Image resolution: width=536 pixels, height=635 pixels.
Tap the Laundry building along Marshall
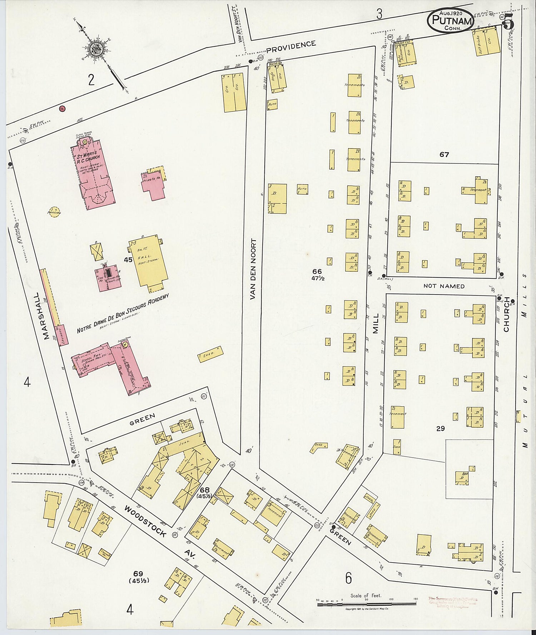pyautogui.click(x=64, y=334)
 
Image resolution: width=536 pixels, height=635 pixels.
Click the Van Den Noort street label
pyautogui.click(x=253, y=268)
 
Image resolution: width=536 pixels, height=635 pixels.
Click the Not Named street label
pyautogui.click(x=444, y=286)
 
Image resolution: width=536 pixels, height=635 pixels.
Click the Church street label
pyautogui.click(x=506, y=319)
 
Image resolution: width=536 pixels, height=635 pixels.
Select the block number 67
pyautogui.click(x=444, y=155)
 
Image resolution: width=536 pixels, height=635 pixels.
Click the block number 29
pyautogui.click(x=440, y=428)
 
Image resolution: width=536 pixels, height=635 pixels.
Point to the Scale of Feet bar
pyautogui.click(x=366, y=604)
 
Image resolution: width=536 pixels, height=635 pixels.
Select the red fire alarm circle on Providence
pyautogui.click(x=62, y=109)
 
